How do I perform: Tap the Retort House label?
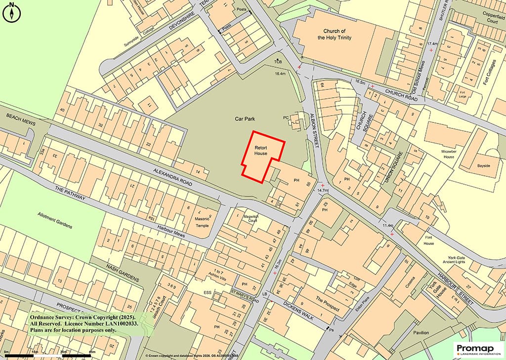click(x=261, y=151)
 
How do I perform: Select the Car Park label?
click(x=245, y=120)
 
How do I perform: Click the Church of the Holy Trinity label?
click(x=335, y=34)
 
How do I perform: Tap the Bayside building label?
click(x=483, y=165)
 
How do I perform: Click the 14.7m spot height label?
click(x=323, y=190)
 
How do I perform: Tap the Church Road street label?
click(x=402, y=96)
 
